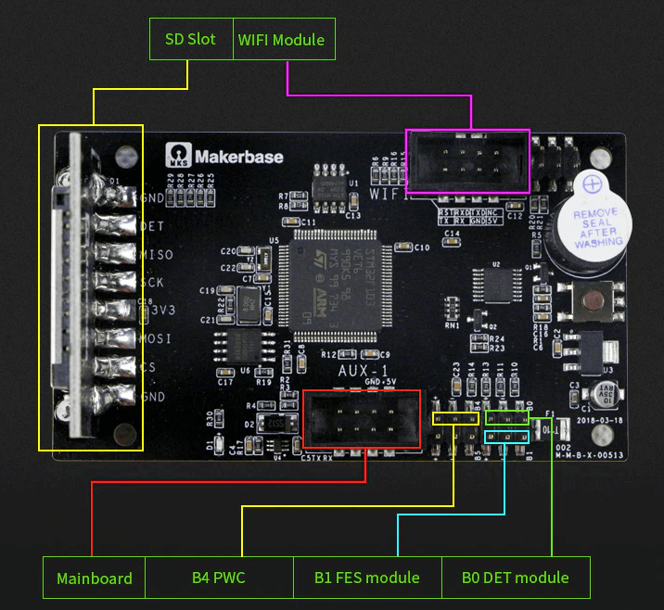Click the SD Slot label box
pyautogui.click(x=190, y=40)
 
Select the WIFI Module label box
pyautogui.click(x=281, y=40)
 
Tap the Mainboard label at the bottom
pyautogui.click(x=95, y=578)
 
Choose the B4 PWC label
pyautogui.click(x=219, y=578)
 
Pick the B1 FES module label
pyautogui.click(x=367, y=578)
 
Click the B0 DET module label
pyautogui.click(x=516, y=578)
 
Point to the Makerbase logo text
pyautogui.click(x=237, y=157)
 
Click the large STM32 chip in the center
pyautogui.click(x=341, y=278)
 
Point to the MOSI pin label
pyautogui.click(x=156, y=339)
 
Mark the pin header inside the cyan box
pyautogui.click(x=508, y=435)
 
